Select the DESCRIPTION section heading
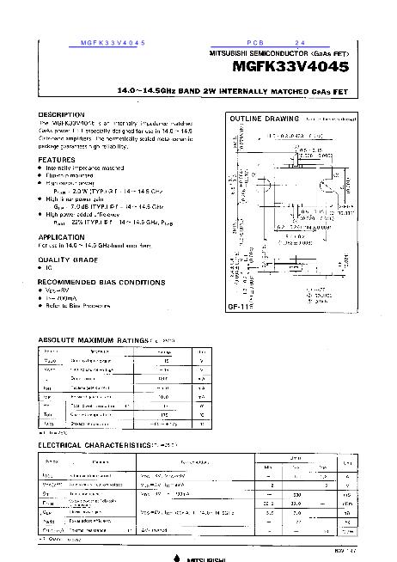pos(62,114)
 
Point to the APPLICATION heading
pos(61,235)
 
